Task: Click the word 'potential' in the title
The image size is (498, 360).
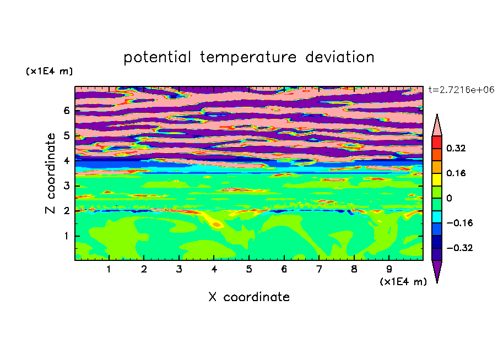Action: (x=157, y=58)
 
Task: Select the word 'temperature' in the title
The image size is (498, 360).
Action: (x=248, y=58)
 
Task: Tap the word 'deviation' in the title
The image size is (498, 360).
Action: (x=339, y=57)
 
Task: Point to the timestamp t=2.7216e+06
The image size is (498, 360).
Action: (x=461, y=90)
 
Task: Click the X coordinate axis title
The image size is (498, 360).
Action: (x=249, y=297)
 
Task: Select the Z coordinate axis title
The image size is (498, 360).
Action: (x=51, y=173)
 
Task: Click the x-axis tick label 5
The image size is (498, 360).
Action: (x=249, y=269)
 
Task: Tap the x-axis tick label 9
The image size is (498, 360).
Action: (x=389, y=269)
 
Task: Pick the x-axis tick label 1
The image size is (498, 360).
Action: (x=109, y=269)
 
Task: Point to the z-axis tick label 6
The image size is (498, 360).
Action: (x=66, y=111)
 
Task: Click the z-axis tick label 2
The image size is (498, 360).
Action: (x=66, y=211)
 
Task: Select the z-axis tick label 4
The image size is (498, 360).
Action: (x=66, y=161)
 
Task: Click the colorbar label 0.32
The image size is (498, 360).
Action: (x=456, y=148)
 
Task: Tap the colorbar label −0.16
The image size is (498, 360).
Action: (x=459, y=223)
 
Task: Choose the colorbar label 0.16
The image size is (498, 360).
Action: (x=456, y=173)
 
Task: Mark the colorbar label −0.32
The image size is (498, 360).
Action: (x=459, y=248)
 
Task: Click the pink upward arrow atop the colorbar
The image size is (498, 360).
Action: (x=437, y=127)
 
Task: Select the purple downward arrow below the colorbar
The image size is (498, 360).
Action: (x=437, y=270)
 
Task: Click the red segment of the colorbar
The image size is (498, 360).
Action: (x=437, y=142)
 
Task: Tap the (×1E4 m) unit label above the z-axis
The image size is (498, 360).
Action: (x=49, y=71)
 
